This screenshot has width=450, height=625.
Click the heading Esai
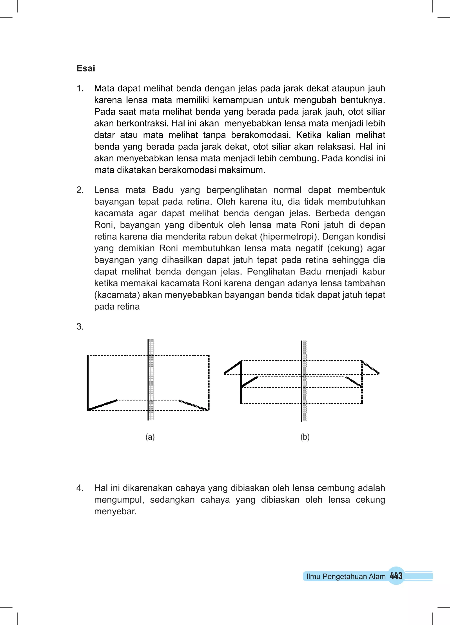click(x=86, y=68)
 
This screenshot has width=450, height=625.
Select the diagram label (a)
click(x=150, y=437)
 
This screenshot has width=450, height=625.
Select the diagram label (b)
click(x=305, y=437)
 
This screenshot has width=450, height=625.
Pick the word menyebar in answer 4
click(x=115, y=512)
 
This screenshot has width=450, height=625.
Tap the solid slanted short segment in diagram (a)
click(x=102, y=405)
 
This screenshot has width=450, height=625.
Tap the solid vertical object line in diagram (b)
click(x=241, y=386)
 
